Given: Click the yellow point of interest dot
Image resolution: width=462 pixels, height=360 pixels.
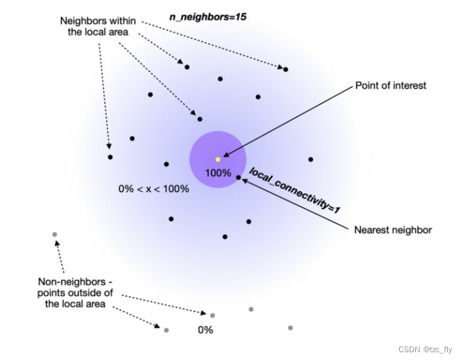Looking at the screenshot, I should coord(218,159).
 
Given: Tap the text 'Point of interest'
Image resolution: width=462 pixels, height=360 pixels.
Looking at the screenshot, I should coord(391,85).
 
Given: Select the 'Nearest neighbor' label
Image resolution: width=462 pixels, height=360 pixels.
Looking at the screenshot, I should coord(393,230).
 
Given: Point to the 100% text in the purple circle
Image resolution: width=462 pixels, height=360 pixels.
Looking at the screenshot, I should coord(218,173).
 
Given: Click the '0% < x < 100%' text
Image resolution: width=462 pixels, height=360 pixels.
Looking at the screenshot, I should coord(154,189).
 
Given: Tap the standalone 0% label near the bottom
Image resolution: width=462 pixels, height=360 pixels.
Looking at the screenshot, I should coord(205,330).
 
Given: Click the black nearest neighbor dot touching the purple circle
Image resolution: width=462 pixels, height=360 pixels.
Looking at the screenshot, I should coord(238,177).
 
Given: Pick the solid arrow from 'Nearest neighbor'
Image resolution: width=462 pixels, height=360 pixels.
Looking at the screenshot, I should coord(298,204).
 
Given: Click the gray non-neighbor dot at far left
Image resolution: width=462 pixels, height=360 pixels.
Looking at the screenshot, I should coord(54,234).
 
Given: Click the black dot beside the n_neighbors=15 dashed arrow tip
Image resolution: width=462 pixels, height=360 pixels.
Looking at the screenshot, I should coord(285,69).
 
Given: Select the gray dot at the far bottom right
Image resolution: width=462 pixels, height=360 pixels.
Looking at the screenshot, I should coord(290,328).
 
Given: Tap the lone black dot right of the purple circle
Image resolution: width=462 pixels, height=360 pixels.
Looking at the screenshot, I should coord(310,159).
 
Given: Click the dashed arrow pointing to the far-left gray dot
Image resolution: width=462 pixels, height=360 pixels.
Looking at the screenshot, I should coord(60,256).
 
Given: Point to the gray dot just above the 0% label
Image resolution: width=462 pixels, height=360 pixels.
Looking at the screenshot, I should coord(213,315).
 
